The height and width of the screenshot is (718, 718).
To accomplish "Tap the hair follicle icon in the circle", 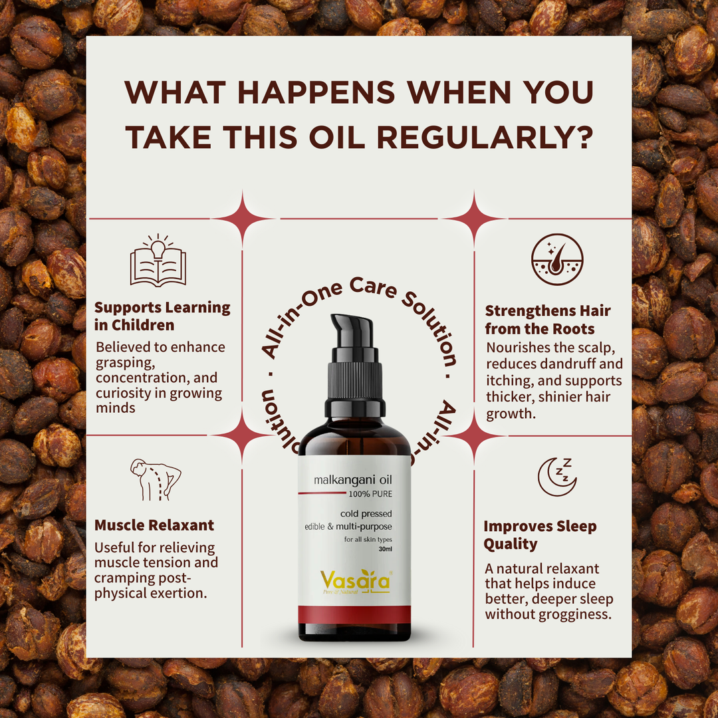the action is (x=557, y=259).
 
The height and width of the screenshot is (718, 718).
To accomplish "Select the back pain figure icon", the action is (x=155, y=479).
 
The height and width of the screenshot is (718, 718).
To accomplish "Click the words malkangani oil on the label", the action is (x=352, y=480).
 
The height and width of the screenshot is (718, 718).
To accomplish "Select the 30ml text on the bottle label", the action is (x=385, y=549).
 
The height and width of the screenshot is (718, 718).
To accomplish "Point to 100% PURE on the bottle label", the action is (x=370, y=493).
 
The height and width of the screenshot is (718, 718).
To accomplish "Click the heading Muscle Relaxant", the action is (x=154, y=525).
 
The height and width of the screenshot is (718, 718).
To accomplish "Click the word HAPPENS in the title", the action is (x=316, y=92).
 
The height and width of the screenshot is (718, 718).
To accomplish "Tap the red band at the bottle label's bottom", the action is (x=354, y=614).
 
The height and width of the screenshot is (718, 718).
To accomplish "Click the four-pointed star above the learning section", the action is (x=243, y=219).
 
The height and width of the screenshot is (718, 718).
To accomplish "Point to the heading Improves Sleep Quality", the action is (x=540, y=535).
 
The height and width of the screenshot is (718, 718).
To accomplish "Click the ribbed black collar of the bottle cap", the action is (x=354, y=381).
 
